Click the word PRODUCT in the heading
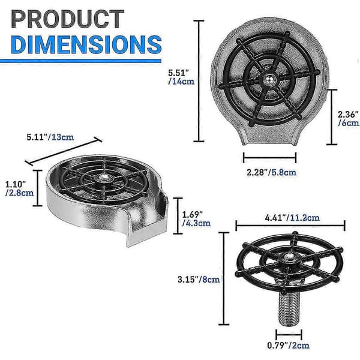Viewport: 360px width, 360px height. pyautogui.click(x=67, y=19)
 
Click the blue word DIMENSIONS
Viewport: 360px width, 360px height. pyautogui.click(x=86, y=44)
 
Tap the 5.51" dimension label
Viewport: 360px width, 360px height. pyautogui.click(x=178, y=73)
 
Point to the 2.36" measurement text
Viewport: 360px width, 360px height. pyautogui.click(x=348, y=114)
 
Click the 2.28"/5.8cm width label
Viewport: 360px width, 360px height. pyautogui.click(x=271, y=172)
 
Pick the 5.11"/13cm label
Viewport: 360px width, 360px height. pyautogui.click(x=50, y=137)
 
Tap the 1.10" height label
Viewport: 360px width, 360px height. pyautogui.click(x=16, y=184)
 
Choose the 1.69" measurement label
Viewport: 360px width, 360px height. pyautogui.click(x=193, y=215)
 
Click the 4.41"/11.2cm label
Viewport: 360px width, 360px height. pyautogui.click(x=292, y=217)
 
